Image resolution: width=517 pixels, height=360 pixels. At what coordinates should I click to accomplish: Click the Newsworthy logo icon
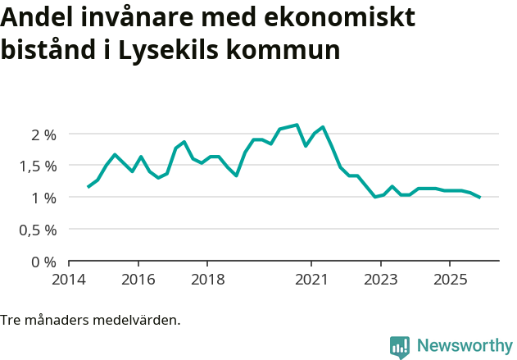(x=400, y=347)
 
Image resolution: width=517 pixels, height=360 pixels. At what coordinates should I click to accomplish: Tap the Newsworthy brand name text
(x=464, y=346)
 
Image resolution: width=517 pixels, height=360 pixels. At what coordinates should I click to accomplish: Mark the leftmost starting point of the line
(x=88, y=187)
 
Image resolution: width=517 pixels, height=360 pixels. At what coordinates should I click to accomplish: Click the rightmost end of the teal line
(x=479, y=197)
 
